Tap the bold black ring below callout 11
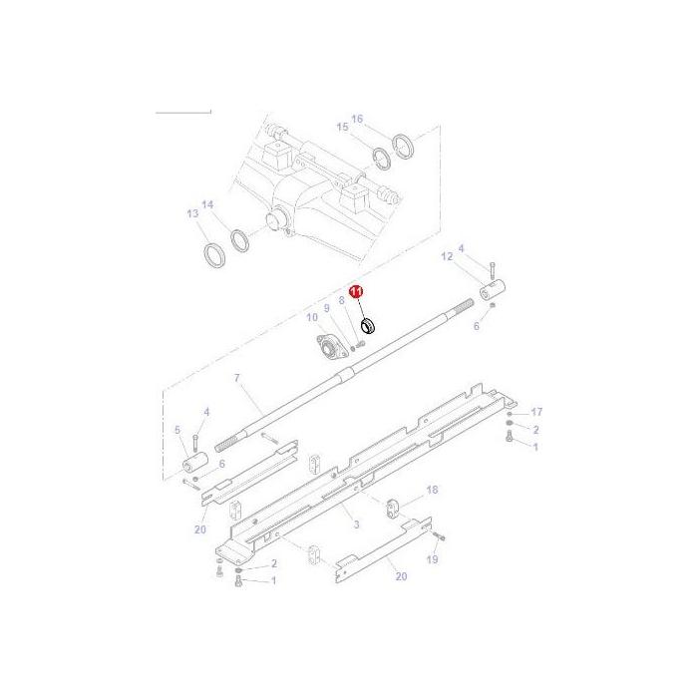point(368,323)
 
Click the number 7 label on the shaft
point(236,378)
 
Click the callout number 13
point(192,213)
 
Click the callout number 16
point(357,118)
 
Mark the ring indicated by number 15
point(381,158)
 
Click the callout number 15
point(342,127)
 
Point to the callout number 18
point(431,491)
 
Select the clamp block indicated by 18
point(392,506)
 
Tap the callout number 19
point(431,560)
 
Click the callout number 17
point(535,412)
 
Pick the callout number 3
point(355,523)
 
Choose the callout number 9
point(325,308)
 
